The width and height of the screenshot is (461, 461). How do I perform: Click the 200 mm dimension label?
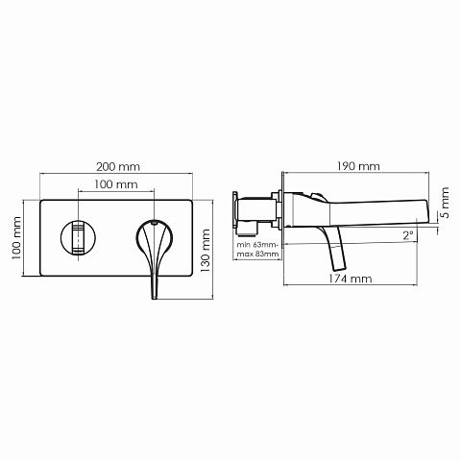click(x=118, y=167)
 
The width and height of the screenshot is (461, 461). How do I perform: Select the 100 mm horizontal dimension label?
click(x=116, y=184)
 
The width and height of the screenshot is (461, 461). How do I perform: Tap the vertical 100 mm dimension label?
click(x=16, y=238)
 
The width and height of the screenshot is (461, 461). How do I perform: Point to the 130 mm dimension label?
click(x=205, y=251)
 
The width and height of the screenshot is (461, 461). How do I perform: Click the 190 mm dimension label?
click(x=358, y=166)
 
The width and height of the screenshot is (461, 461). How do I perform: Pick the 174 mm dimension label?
click(x=351, y=279)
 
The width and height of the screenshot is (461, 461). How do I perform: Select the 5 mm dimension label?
click(x=445, y=203)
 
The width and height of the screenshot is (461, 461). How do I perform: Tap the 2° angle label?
click(x=408, y=236)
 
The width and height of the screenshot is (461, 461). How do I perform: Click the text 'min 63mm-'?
click(x=258, y=245)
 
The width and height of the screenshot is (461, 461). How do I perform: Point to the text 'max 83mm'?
click(x=257, y=255)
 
